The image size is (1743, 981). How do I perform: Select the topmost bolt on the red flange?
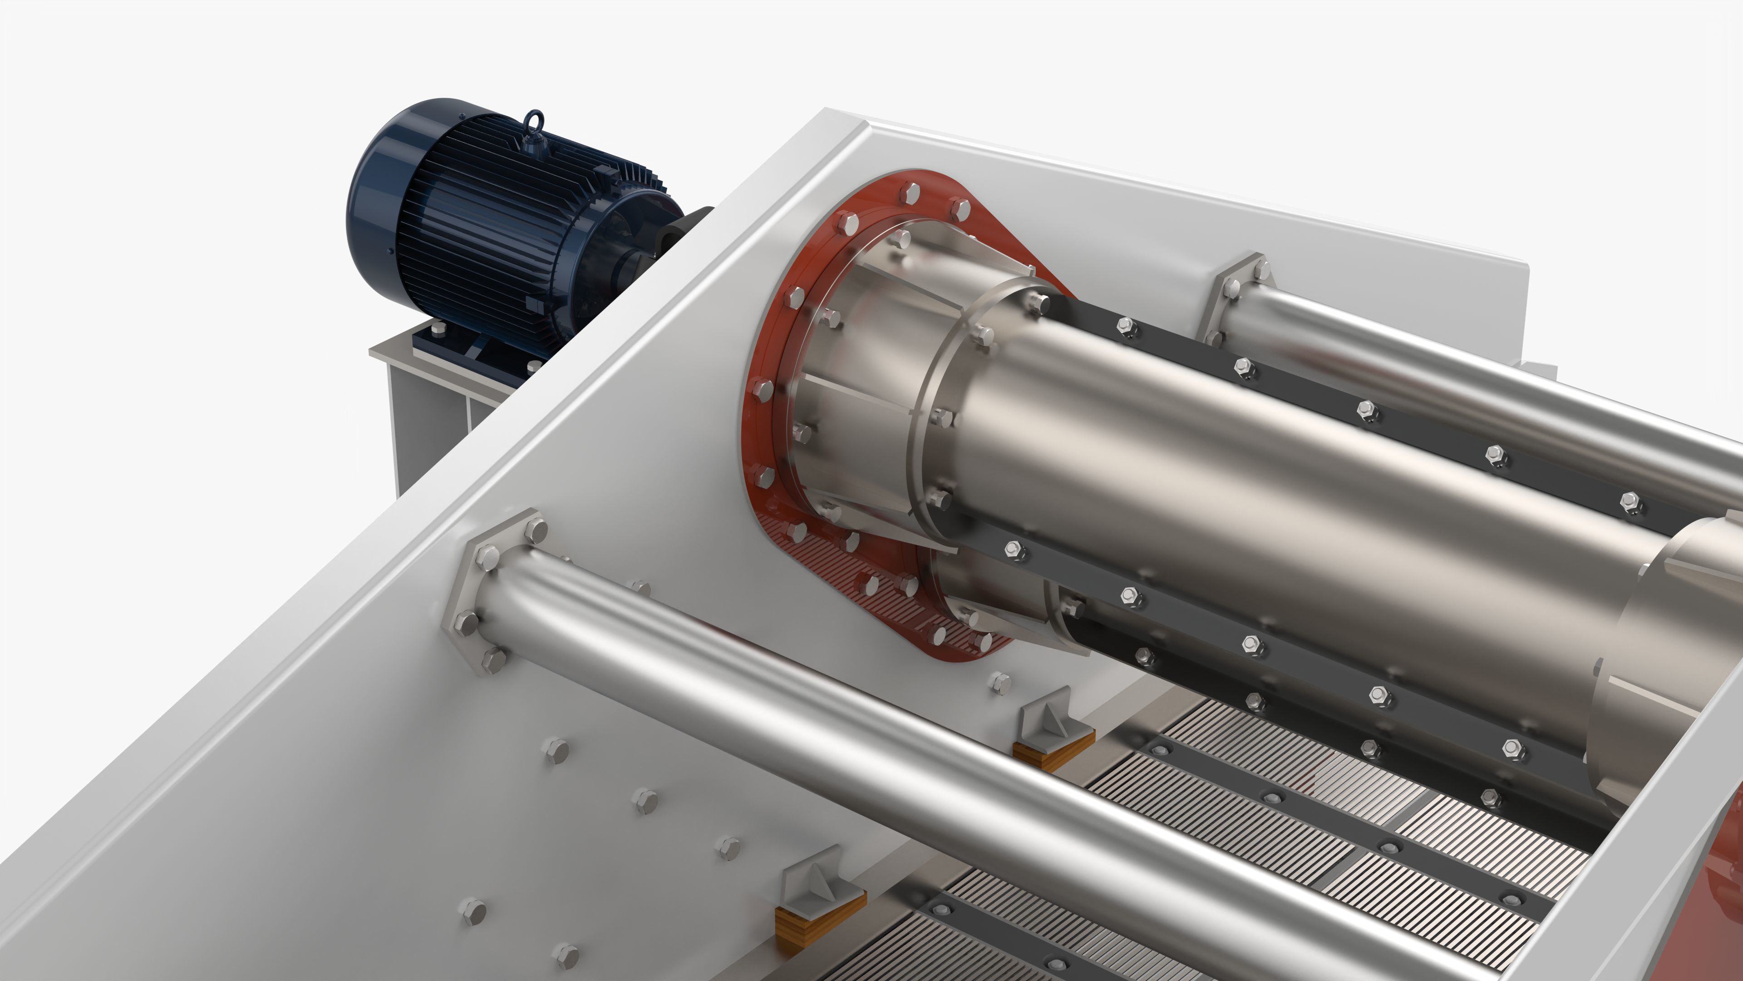pyautogui.click(x=911, y=193)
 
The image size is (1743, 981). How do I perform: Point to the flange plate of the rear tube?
pyautogui.click(x=1238, y=291)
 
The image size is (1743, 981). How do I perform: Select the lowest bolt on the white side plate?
pyautogui.click(x=565, y=955)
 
